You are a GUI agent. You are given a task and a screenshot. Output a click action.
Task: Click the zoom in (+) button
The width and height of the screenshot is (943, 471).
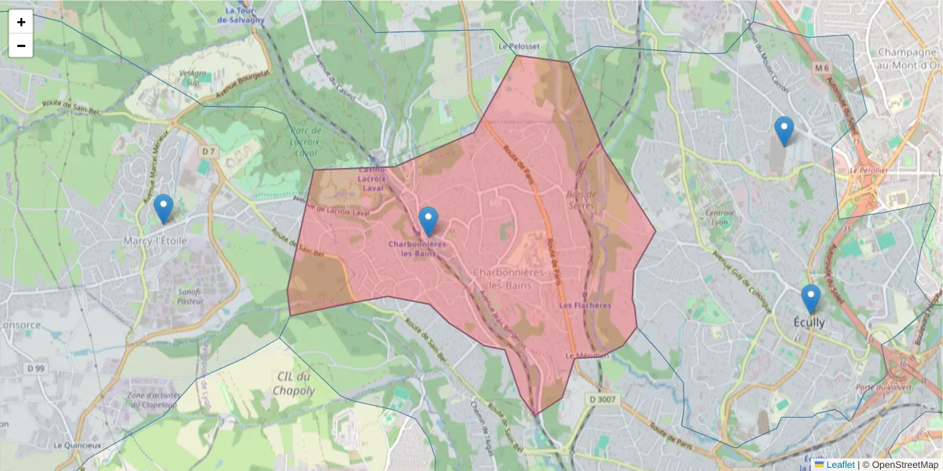pos(21,22)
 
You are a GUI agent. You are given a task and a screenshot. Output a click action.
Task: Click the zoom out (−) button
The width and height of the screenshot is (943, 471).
pos(21,46)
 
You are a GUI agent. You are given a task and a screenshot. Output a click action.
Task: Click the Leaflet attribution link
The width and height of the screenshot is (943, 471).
pos(839,465)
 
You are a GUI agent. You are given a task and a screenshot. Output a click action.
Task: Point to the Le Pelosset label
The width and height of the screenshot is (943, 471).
pos(519,46)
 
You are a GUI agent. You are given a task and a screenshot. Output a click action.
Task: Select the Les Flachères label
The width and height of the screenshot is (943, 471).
pos(585,305)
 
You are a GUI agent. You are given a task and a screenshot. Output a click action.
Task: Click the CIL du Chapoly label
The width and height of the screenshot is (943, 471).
pos(294,384)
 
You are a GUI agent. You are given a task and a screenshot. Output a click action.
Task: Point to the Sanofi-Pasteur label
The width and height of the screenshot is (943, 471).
pos(190,296)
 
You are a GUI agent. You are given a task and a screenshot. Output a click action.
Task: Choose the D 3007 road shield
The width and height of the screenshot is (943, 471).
pos(604,400)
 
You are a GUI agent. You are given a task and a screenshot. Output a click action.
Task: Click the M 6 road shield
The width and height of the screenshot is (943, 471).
pos(822,68)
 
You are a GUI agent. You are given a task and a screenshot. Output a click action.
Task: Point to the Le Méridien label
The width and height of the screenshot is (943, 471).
pos(587,356)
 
